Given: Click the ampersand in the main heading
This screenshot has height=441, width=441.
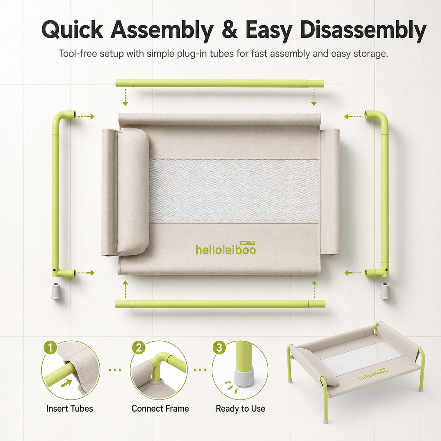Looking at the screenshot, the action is pyautogui.click(x=230, y=30).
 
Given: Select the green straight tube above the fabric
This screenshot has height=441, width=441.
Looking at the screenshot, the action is pyautogui.click(x=220, y=83).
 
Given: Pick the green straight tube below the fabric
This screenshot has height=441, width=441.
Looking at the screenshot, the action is pyautogui.click(x=220, y=304).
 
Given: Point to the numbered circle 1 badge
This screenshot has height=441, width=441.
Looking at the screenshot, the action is pyautogui.click(x=50, y=348).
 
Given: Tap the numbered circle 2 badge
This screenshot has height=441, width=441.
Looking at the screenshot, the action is pyautogui.click(x=139, y=348).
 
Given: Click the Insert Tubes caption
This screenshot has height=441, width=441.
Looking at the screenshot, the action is pyautogui.click(x=69, y=409).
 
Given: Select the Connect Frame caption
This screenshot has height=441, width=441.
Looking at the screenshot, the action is pyautogui.click(x=160, y=409).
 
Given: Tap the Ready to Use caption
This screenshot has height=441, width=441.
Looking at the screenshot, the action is pyautogui.click(x=240, y=409).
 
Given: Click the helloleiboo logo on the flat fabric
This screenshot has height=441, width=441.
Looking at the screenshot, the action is pyautogui.click(x=226, y=250).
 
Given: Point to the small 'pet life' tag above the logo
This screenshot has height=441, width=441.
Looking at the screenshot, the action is pyautogui.click(x=248, y=243).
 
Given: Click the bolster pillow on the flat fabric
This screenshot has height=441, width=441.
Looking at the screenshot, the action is pyautogui.click(x=133, y=191).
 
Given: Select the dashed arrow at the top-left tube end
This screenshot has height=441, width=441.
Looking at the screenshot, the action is pyautogui.click(x=86, y=116).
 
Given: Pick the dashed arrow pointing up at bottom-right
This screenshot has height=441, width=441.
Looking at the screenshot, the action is pyautogui.click(x=314, y=289).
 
